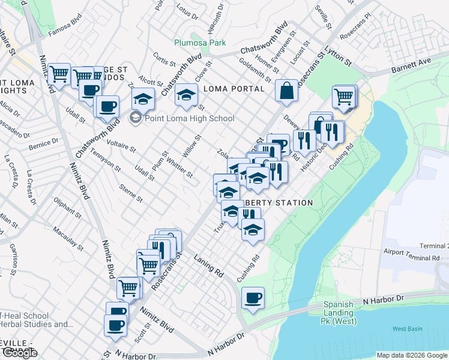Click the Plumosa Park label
click(x=200, y=43)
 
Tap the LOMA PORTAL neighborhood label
click(x=235, y=89)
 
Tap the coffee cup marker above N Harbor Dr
click(x=253, y=298)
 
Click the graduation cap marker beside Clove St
click(x=187, y=94)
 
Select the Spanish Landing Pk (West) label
click(x=340, y=313)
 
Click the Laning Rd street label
click(x=208, y=265)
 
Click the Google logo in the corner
click(x=20, y=353)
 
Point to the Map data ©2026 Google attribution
click(x=411, y=355)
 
